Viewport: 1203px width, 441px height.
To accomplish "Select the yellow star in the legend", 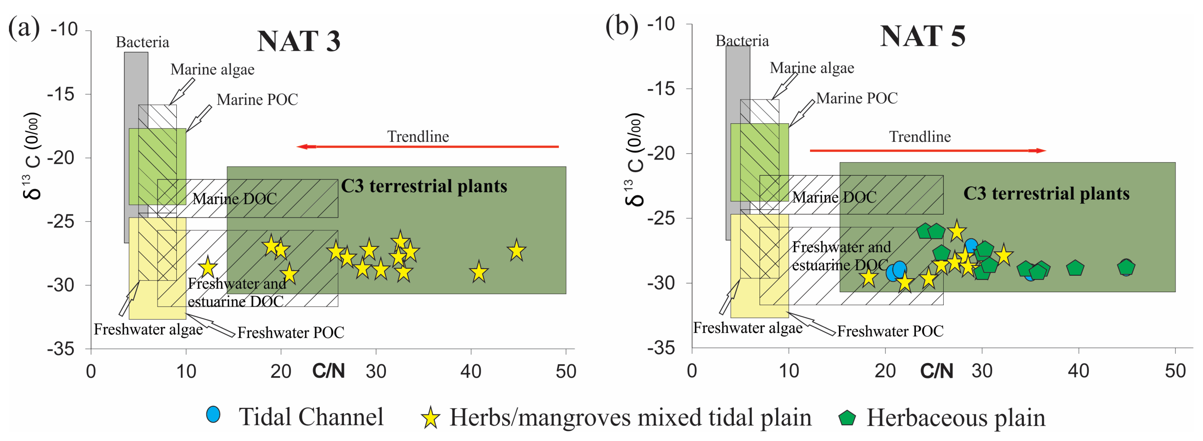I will [x=430, y=417].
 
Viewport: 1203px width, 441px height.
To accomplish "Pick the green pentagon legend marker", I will [x=847, y=417].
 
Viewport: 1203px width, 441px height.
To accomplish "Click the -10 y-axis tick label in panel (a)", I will [x=64, y=29].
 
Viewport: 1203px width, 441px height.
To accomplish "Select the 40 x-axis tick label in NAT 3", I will [x=471, y=371].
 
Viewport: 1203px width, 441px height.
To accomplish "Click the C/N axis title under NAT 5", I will [x=936, y=371].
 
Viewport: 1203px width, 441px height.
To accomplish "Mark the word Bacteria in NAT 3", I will [x=143, y=42].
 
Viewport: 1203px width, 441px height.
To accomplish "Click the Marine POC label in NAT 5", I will [x=856, y=98].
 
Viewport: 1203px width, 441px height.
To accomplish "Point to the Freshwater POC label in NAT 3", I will [x=291, y=332].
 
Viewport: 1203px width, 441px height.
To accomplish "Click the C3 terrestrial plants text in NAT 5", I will [x=1046, y=193].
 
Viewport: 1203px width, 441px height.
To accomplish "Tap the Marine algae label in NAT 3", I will [x=212, y=69].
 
